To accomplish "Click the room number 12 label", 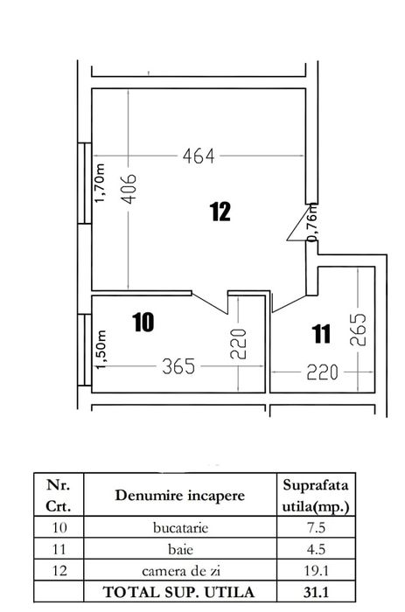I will [x=220, y=211].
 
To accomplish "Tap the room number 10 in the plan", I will [x=143, y=322].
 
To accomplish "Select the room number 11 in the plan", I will [x=321, y=333].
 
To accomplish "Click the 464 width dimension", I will [x=199, y=157].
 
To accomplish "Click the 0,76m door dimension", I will [x=312, y=222].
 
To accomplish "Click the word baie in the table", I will [x=182, y=551].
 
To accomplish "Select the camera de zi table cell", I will [x=182, y=572].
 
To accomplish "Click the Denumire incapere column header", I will [x=182, y=496].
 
